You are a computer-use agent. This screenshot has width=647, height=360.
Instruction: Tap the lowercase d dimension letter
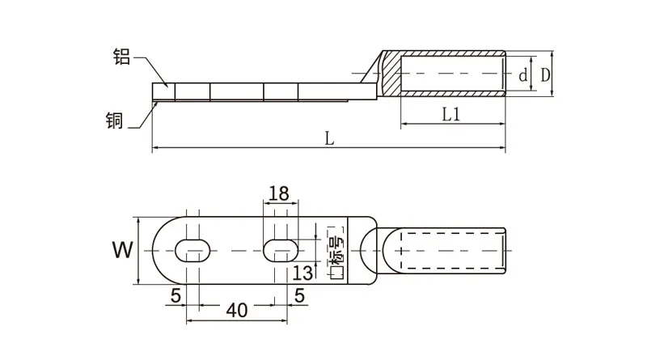tap(523, 76)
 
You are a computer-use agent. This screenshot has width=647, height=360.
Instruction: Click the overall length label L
tap(329, 138)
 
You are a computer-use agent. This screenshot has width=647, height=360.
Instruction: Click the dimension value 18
tap(277, 193)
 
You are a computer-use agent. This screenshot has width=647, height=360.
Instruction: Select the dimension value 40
tap(236, 310)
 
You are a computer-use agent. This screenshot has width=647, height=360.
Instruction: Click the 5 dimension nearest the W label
tap(175, 296)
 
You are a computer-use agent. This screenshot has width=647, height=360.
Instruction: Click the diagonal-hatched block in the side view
tap(391, 74)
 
